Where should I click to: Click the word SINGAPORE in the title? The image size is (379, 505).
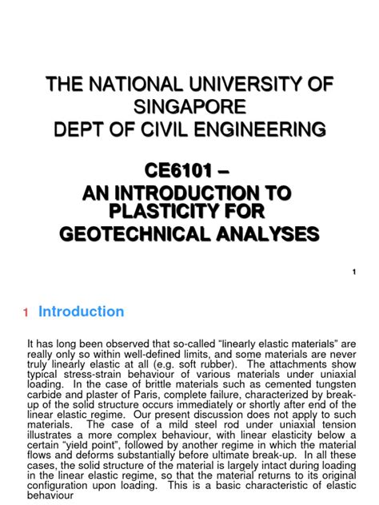click(x=190, y=106)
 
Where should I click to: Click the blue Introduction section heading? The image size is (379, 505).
click(x=81, y=312)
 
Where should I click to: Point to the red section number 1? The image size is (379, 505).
click(x=26, y=312)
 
